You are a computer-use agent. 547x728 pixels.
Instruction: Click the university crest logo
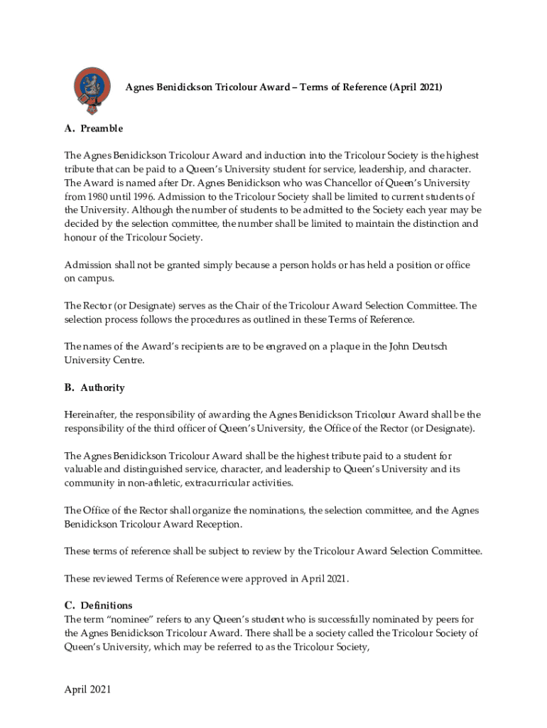(92, 90)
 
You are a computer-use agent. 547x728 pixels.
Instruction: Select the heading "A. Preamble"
(93, 129)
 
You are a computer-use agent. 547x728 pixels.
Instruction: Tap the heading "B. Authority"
(94, 387)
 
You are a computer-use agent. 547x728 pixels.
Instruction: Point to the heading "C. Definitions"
(98, 606)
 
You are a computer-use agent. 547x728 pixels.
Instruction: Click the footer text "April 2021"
(87, 690)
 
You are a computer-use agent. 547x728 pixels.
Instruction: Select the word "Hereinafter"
(90, 414)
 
